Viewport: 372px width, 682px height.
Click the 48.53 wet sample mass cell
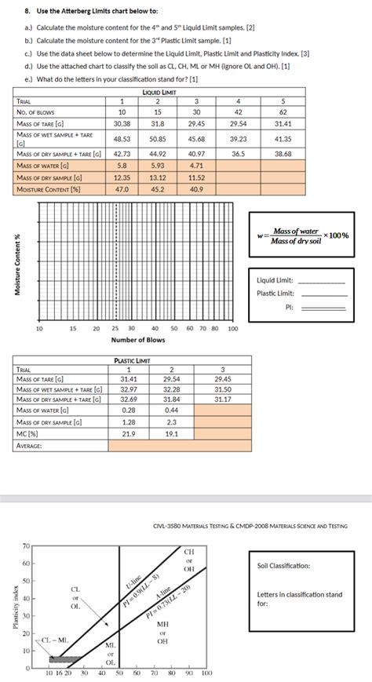click(x=122, y=138)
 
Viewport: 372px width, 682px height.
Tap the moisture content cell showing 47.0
click(x=122, y=189)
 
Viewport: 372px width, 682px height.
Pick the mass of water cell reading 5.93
click(x=157, y=166)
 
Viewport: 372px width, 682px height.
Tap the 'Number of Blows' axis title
click(x=138, y=340)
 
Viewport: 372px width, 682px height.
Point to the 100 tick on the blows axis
click(x=232, y=328)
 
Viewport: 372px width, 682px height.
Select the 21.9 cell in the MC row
click(x=129, y=433)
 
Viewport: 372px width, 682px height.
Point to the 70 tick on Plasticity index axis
click(x=25, y=545)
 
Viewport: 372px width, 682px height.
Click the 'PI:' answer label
click(x=289, y=307)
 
